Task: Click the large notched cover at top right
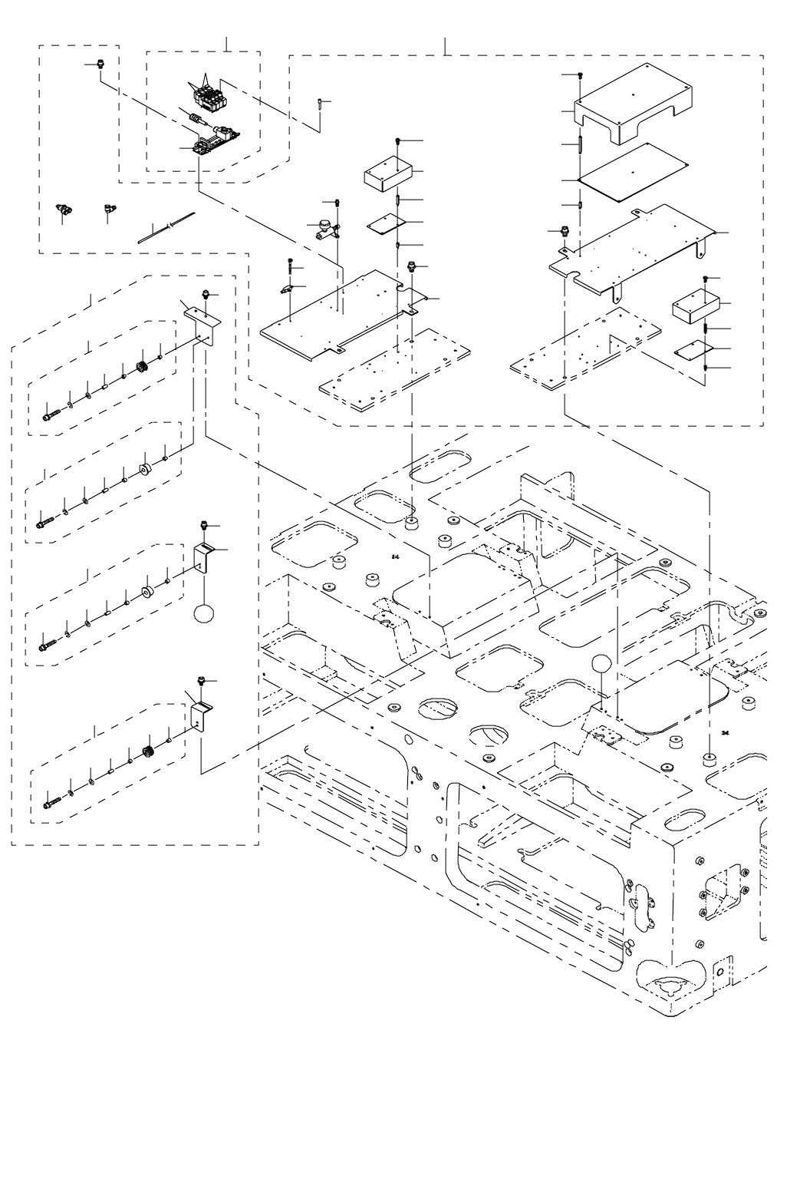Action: pyautogui.click(x=634, y=104)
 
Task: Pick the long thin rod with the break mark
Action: pyautogui.click(x=166, y=228)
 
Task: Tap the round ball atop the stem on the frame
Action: pyautogui.click(x=601, y=663)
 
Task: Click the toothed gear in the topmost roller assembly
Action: pyautogui.click(x=141, y=368)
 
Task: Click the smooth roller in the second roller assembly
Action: pyautogui.click(x=143, y=471)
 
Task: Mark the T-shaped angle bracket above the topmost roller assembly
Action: pyautogui.click(x=201, y=317)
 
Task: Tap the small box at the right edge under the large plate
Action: pyautogui.click(x=693, y=305)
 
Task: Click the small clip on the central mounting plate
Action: pyautogui.click(x=288, y=290)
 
